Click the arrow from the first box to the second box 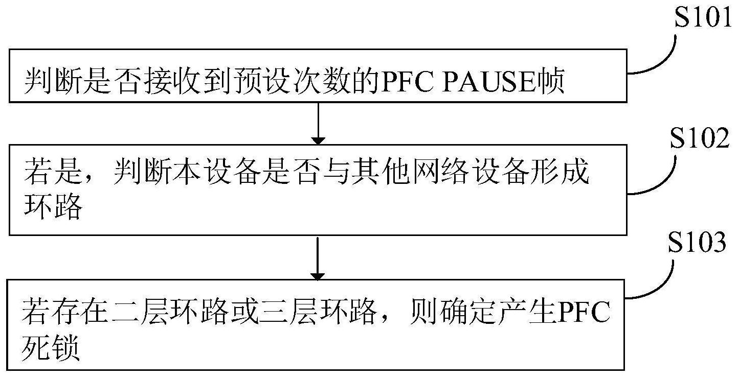[318, 123]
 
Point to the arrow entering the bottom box [318, 258]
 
